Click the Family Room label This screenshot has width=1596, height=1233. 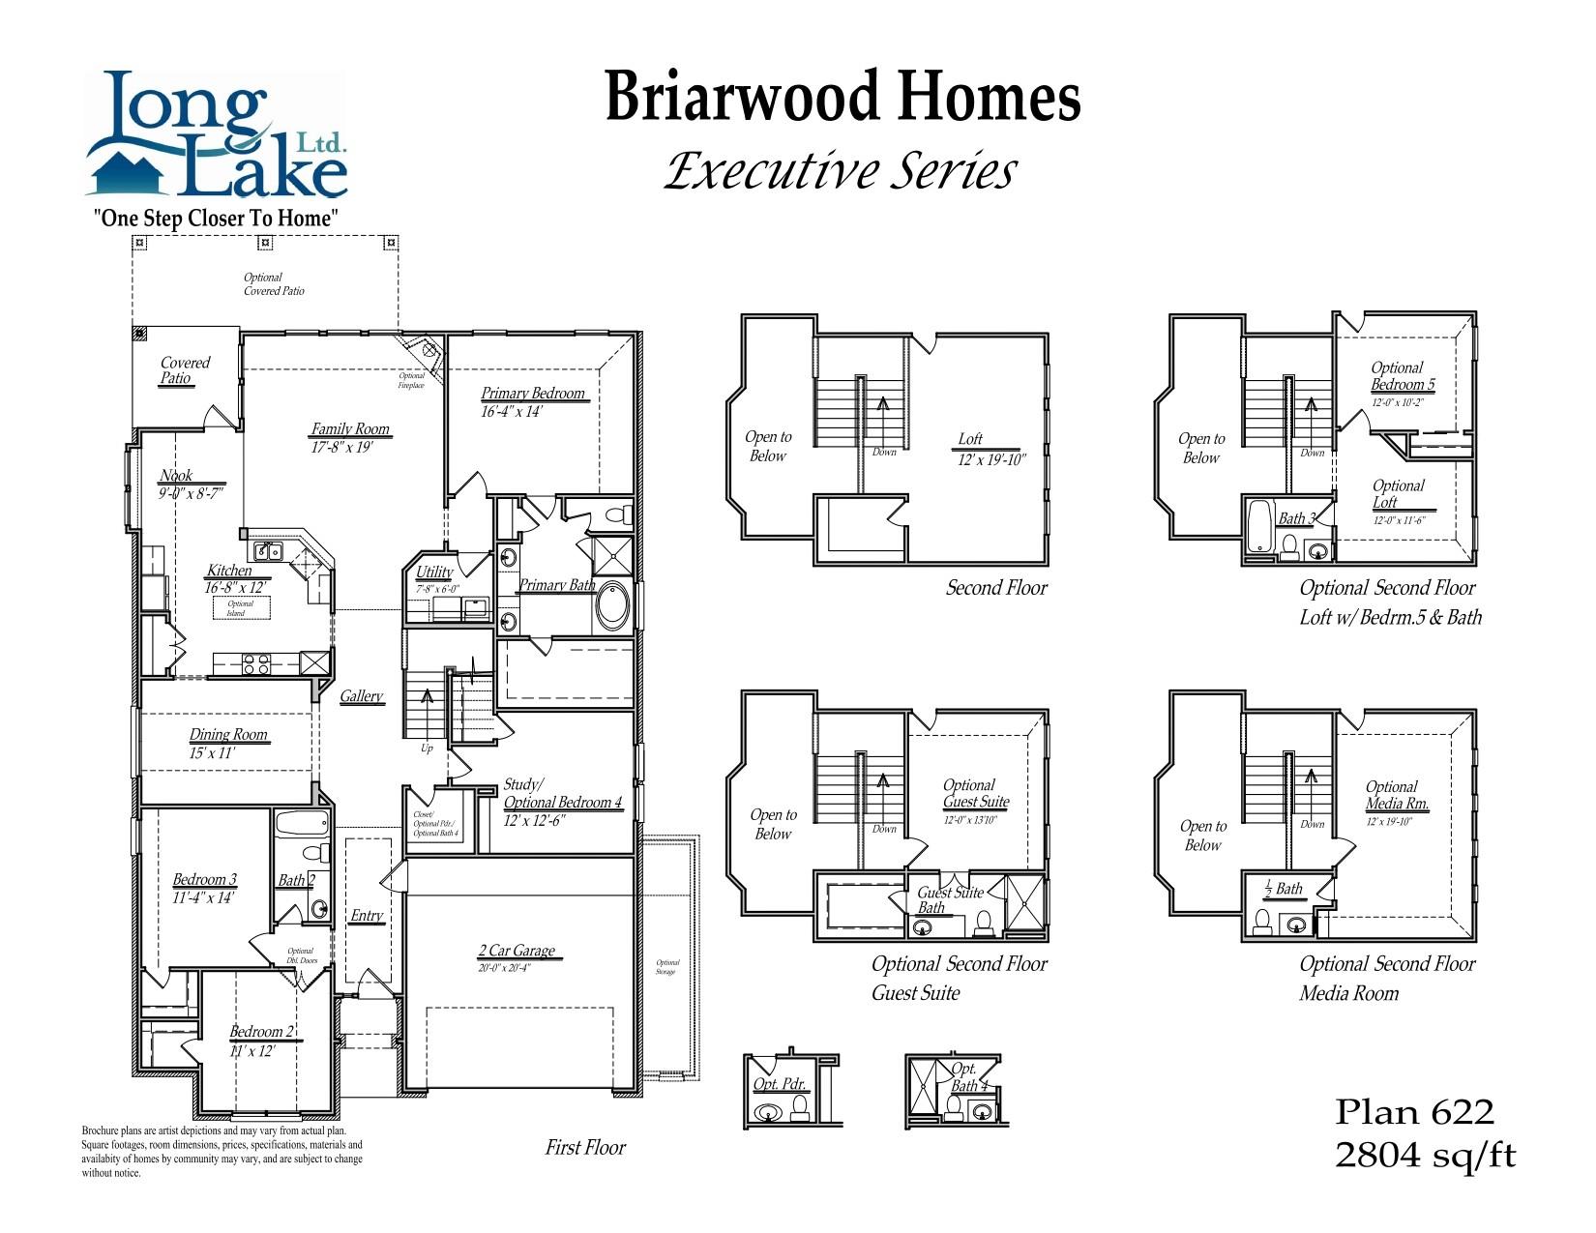(x=349, y=428)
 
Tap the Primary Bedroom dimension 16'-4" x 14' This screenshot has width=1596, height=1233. (x=512, y=411)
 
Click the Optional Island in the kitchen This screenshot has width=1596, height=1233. (x=240, y=608)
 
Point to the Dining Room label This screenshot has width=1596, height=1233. (x=228, y=735)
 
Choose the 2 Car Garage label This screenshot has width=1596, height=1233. (x=517, y=951)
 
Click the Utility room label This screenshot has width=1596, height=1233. (x=434, y=572)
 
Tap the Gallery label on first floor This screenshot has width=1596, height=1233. (x=361, y=696)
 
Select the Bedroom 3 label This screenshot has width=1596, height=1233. (x=204, y=880)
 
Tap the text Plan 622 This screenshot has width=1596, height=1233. (x=1414, y=1112)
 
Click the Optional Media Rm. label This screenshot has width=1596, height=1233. (x=1396, y=796)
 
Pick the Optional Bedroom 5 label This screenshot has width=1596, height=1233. (x=1402, y=376)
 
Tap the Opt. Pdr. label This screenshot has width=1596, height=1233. (x=780, y=1084)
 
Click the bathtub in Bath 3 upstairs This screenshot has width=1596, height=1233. (x=1259, y=526)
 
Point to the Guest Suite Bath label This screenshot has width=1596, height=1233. (x=949, y=899)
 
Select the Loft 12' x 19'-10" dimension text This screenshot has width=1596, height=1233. (x=990, y=459)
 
